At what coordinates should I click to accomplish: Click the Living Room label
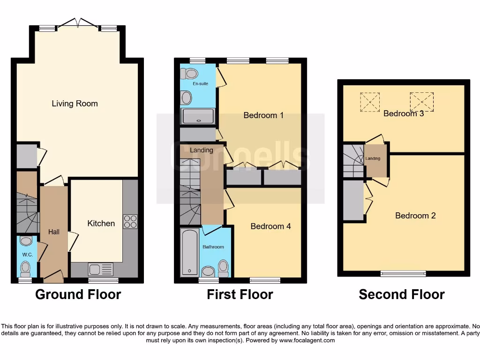coord(75,104)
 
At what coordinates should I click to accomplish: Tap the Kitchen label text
coord(101,223)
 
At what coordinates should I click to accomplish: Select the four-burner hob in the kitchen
coord(130,221)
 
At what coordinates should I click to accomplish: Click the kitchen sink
coord(101,269)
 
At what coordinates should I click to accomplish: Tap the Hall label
coord(54,232)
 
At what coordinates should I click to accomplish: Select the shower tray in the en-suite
coord(198,116)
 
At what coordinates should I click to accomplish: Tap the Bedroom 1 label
coord(263,115)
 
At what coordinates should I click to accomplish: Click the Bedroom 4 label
coord(270,226)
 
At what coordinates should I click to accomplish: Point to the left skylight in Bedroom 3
coord(370,102)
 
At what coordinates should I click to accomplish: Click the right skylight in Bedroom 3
coord(422,101)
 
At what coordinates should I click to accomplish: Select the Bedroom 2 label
coord(415,216)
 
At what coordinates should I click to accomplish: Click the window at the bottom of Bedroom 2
coord(403,273)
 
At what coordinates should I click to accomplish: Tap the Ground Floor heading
coord(78,294)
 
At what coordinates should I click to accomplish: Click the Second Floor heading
coord(402,294)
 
